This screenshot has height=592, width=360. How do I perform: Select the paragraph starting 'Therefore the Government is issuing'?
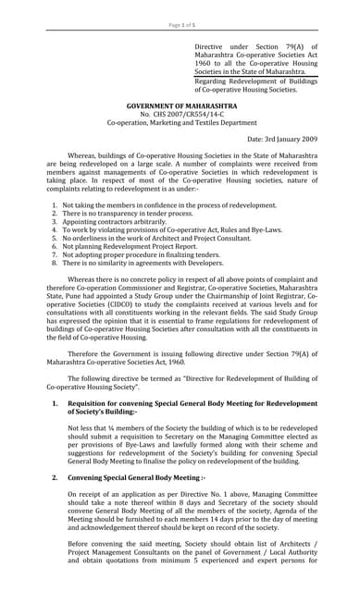pos(180,360)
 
